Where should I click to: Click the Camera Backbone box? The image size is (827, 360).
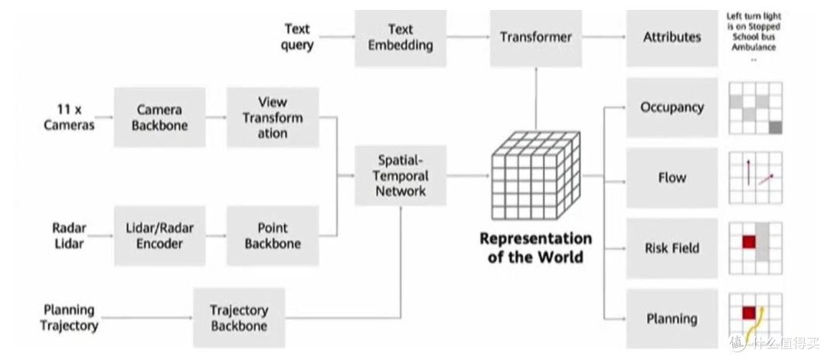click(159, 117)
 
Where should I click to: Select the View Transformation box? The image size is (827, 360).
click(272, 117)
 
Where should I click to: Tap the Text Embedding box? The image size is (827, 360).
click(400, 37)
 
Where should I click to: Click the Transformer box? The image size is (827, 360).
click(535, 37)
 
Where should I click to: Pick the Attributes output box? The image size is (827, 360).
click(672, 37)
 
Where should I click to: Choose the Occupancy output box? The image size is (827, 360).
click(672, 107)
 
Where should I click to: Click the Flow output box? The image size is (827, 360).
click(672, 178)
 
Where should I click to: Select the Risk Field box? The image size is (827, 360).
click(672, 248)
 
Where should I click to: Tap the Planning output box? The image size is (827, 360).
click(672, 319)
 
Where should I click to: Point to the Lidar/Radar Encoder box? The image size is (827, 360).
click(159, 236)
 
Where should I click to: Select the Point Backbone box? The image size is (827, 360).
click(272, 236)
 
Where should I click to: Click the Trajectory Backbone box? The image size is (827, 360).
click(238, 318)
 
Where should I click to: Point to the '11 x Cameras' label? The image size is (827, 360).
click(74, 117)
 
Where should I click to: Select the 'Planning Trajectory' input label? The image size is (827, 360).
click(69, 318)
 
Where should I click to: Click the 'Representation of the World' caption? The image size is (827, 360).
click(535, 247)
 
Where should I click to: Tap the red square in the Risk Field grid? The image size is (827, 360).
click(748, 242)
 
